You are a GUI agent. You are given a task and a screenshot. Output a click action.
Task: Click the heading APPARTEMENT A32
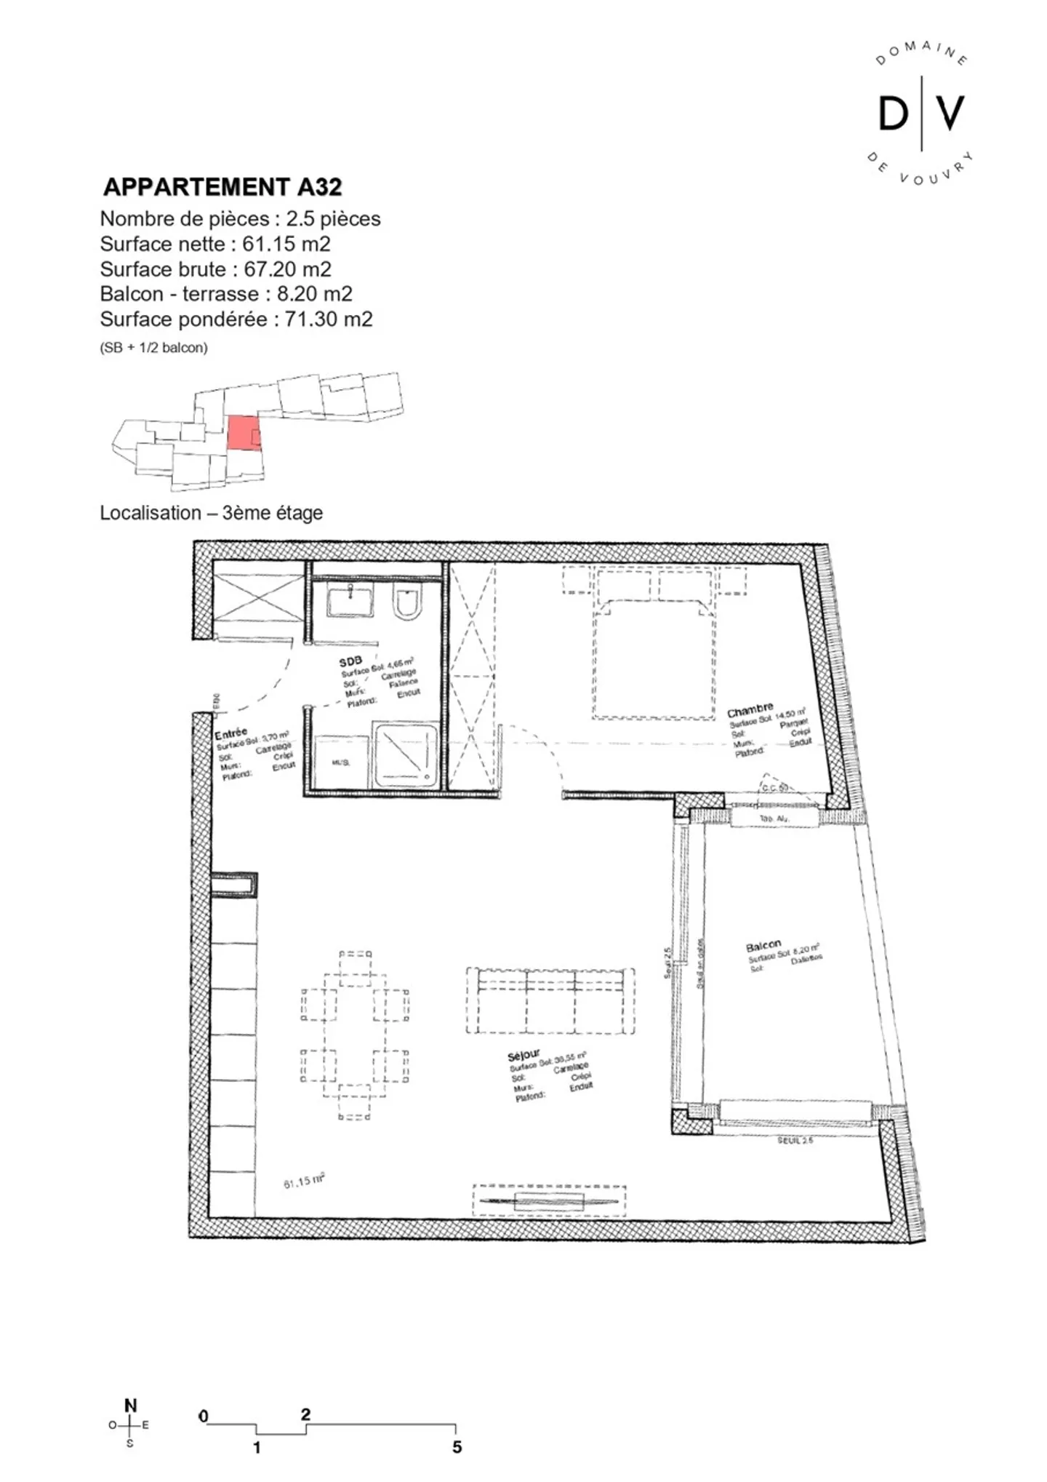[222, 187]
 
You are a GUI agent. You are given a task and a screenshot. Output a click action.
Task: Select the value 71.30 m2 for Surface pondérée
[328, 319]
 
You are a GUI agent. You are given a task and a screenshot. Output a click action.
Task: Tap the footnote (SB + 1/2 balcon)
[153, 348]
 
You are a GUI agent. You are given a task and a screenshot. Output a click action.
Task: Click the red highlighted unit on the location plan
[243, 434]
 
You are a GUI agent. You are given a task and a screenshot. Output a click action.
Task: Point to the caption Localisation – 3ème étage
[211, 513]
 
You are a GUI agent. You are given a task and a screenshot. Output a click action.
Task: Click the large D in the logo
[893, 113]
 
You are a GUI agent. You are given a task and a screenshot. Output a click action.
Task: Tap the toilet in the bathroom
[408, 602]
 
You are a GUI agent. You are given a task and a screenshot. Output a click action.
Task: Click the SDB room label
[350, 661]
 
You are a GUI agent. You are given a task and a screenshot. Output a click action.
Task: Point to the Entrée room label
[230, 733]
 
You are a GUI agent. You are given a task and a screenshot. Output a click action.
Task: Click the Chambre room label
[749, 709]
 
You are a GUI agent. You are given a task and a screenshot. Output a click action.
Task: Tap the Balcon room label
[763, 946]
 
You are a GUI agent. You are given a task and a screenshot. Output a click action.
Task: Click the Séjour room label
[523, 1054]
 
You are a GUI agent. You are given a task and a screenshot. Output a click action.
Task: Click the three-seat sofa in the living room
[550, 1001]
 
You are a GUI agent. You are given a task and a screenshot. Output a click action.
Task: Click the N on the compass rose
[130, 1405]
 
